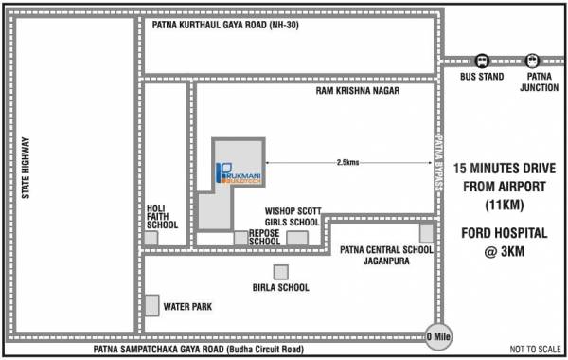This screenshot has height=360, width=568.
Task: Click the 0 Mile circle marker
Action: click(435, 334)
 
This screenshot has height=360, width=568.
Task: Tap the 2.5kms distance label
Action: click(347, 162)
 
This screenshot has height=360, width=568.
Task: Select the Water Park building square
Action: click(152, 305)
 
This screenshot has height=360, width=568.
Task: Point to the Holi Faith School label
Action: click(163, 217)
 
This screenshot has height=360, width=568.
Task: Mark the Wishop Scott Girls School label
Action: click(293, 216)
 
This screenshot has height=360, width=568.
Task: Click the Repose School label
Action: click(264, 237)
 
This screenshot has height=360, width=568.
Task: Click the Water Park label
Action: click(187, 307)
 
